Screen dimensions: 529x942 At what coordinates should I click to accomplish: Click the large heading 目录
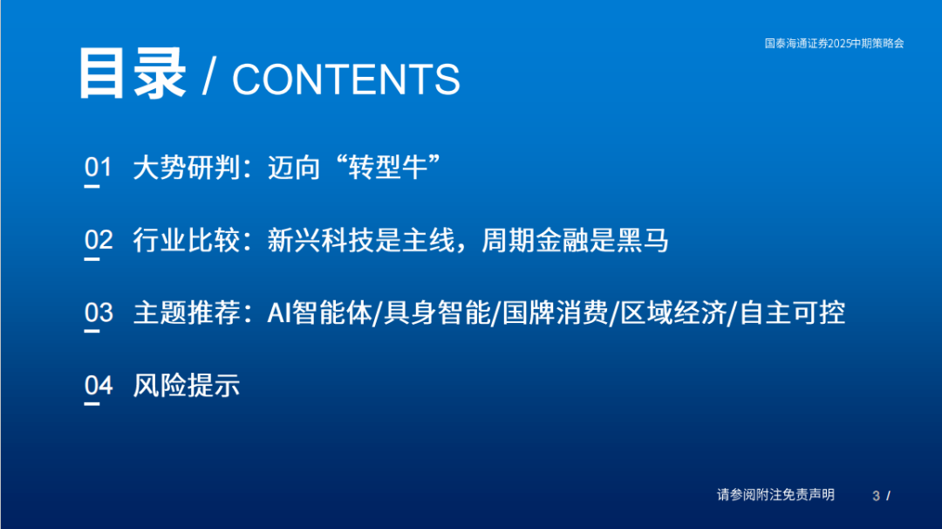point(132,74)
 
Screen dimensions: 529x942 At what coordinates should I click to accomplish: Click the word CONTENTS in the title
point(346,80)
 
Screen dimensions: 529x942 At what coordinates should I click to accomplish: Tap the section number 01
point(99,168)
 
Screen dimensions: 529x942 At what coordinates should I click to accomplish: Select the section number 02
point(99,240)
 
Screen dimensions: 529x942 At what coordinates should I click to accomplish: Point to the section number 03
point(99,313)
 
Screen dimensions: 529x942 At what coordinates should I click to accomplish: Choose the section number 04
point(99,385)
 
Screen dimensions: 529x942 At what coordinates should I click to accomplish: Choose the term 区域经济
point(673,313)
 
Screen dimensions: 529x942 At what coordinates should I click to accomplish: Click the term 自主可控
point(792,313)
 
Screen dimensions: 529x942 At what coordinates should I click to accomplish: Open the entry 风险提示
point(187,385)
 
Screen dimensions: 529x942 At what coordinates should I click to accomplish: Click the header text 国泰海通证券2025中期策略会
point(834,43)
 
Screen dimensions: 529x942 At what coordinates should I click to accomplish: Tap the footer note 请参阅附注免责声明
point(775,495)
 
